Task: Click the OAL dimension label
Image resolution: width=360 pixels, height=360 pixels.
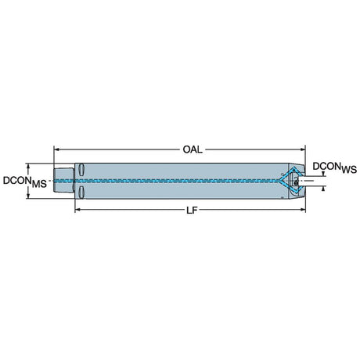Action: [193, 149]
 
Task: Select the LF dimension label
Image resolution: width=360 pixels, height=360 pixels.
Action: [192, 211]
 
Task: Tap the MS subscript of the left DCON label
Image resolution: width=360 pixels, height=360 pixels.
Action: [39, 184]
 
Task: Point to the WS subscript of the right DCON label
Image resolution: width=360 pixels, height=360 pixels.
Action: [349, 170]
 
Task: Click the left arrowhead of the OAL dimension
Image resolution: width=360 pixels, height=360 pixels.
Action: [56, 149]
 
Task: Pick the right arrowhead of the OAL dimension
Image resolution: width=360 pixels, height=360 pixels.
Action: [303, 149]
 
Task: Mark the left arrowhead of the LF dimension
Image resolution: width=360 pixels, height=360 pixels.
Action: [77, 209]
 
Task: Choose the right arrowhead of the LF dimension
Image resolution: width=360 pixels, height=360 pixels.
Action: [303, 209]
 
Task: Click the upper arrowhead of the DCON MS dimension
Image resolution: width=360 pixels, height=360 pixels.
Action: [28, 166]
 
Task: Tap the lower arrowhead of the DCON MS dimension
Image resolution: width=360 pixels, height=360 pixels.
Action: [28, 196]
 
